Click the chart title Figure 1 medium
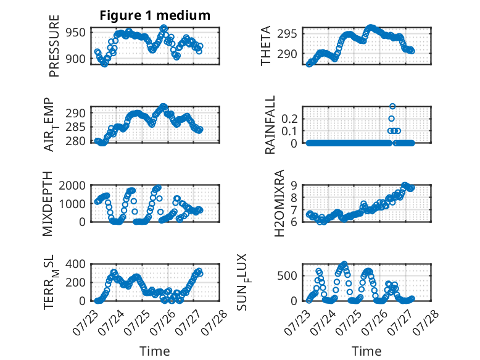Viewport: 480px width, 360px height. (x=155, y=15)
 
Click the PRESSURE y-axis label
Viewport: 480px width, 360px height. (x=54, y=46)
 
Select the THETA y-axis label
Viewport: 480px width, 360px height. (x=266, y=46)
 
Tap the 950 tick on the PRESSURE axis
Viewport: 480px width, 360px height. (x=75, y=32)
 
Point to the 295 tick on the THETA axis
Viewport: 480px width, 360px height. (x=287, y=34)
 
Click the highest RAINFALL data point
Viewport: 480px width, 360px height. (x=392, y=106)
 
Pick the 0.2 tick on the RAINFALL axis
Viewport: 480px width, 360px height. (x=289, y=119)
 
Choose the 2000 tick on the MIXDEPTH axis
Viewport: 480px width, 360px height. (x=72, y=185)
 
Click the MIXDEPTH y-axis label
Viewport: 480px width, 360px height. (x=48, y=204)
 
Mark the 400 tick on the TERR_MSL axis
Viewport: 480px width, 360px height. (x=75, y=264)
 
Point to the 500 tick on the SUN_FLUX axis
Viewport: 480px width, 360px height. (x=287, y=276)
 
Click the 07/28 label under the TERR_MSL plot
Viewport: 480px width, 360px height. (x=215, y=322)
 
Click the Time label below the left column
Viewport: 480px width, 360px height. (x=155, y=351)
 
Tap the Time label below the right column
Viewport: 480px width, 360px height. (x=366, y=351)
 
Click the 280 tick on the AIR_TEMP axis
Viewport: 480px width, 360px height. (x=75, y=141)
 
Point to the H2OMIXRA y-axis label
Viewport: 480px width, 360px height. (x=279, y=203)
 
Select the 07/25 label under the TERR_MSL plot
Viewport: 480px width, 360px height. (x=137, y=322)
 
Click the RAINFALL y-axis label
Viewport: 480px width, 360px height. (x=270, y=125)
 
